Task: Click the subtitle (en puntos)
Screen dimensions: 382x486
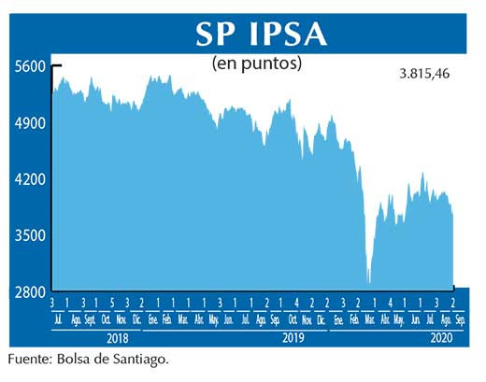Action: coord(257,64)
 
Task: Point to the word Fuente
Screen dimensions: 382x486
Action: coord(32,359)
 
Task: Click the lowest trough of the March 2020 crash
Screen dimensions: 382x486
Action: coord(368,282)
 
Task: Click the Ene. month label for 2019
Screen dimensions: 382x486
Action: coord(152,319)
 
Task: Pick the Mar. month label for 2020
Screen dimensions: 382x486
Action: coord(371,319)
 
